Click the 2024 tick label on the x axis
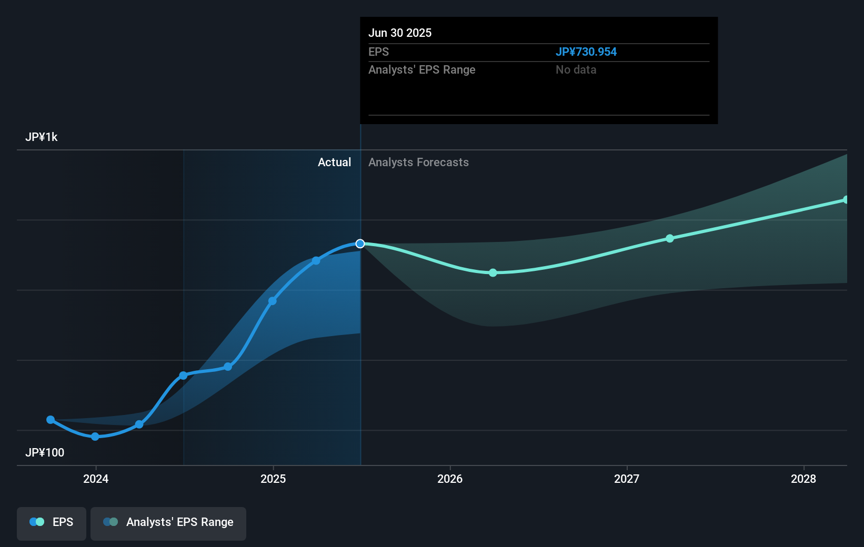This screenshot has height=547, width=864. pyautogui.click(x=96, y=479)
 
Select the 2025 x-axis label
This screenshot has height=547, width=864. pyautogui.click(x=273, y=479)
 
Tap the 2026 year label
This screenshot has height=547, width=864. pyautogui.click(x=450, y=479)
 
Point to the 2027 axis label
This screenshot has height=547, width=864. pyautogui.click(x=627, y=479)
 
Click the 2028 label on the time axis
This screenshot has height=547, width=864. pyautogui.click(x=803, y=479)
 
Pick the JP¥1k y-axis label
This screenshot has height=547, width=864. pyautogui.click(x=42, y=137)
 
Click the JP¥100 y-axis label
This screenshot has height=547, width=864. pyautogui.click(x=45, y=453)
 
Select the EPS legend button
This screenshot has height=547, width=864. pyautogui.click(x=52, y=523)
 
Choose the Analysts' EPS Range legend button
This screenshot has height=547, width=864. pyautogui.click(x=168, y=523)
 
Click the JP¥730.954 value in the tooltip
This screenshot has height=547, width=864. pyautogui.click(x=586, y=52)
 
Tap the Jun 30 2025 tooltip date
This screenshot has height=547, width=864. pyautogui.click(x=400, y=33)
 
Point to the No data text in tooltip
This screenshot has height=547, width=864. pyautogui.click(x=576, y=70)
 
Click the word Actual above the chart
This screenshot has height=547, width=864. pyautogui.click(x=334, y=163)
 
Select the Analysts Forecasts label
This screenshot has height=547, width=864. pyautogui.click(x=418, y=163)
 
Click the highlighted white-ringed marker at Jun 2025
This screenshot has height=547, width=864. pyautogui.click(x=360, y=244)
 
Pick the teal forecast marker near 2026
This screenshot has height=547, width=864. pyautogui.click(x=493, y=272)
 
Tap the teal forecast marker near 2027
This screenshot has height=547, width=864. pyautogui.click(x=670, y=238)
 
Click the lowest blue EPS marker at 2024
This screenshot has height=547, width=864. pyautogui.click(x=95, y=437)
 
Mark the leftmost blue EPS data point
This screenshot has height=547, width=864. pyautogui.click(x=51, y=420)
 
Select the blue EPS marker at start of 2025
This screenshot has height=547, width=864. pyautogui.click(x=273, y=301)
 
